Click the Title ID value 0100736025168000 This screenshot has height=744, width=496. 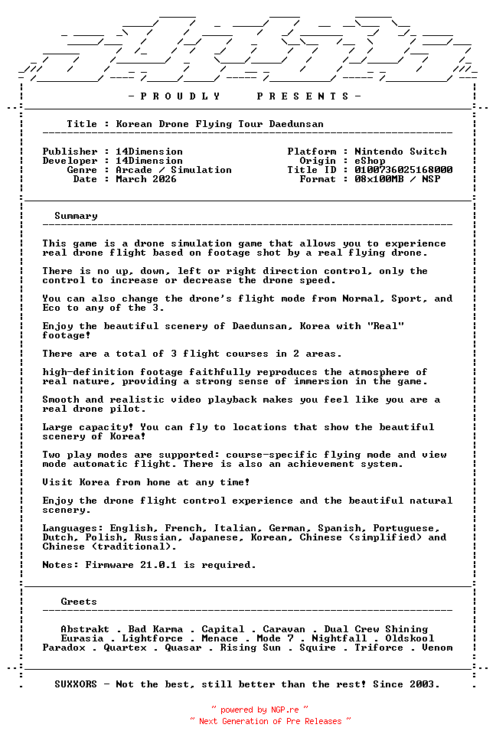[x=403, y=170]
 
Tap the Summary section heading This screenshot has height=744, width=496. [x=76, y=216]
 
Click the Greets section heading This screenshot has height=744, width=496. [x=79, y=602]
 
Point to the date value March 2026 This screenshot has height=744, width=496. [x=146, y=179]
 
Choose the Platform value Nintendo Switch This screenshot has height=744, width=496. [x=400, y=152]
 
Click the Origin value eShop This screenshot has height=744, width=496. [x=370, y=161]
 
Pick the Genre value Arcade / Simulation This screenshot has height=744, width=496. [x=174, y=170]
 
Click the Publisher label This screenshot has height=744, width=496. [x=70, y=152]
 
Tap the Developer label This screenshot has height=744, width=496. [x=70, y=161]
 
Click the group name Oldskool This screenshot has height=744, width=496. [x=410, y=638]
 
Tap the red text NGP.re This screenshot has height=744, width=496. [x=285, y=710]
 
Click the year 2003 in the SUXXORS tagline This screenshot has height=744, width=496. [x=425, y=684]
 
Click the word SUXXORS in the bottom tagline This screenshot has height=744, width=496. [x=76, y=684]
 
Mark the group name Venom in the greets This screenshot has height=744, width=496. [x=437, y=648]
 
